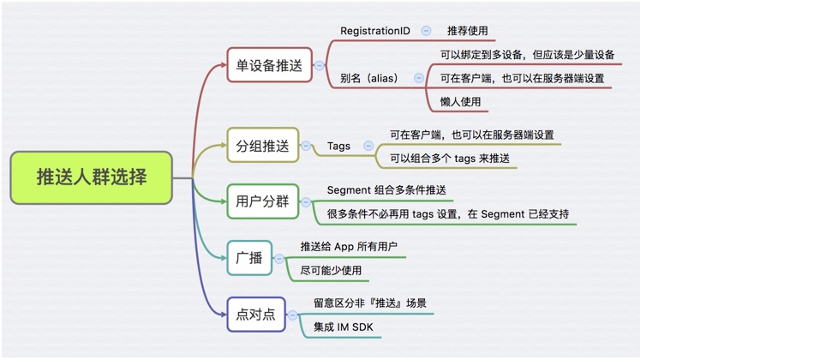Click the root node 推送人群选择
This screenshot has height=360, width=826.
92,177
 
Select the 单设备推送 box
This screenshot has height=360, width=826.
269,65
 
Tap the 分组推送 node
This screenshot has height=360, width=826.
262,146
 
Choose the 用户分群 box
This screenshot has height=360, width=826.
262,202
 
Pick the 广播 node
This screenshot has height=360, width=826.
249,258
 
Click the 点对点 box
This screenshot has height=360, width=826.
255,315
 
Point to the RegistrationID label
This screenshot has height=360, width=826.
375,31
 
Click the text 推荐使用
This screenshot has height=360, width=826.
467,31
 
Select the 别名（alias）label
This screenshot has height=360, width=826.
369,78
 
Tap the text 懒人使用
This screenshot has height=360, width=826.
461,101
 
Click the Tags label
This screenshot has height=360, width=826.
338,146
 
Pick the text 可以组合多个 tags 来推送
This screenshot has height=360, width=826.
450,158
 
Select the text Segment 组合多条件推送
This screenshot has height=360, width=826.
386,189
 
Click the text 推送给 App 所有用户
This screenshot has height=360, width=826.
349,246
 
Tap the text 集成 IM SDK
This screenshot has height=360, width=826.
343,327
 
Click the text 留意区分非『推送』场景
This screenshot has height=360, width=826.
370,303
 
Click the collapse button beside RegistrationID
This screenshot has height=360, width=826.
426,31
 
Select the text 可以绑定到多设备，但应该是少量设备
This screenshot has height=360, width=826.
527,55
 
